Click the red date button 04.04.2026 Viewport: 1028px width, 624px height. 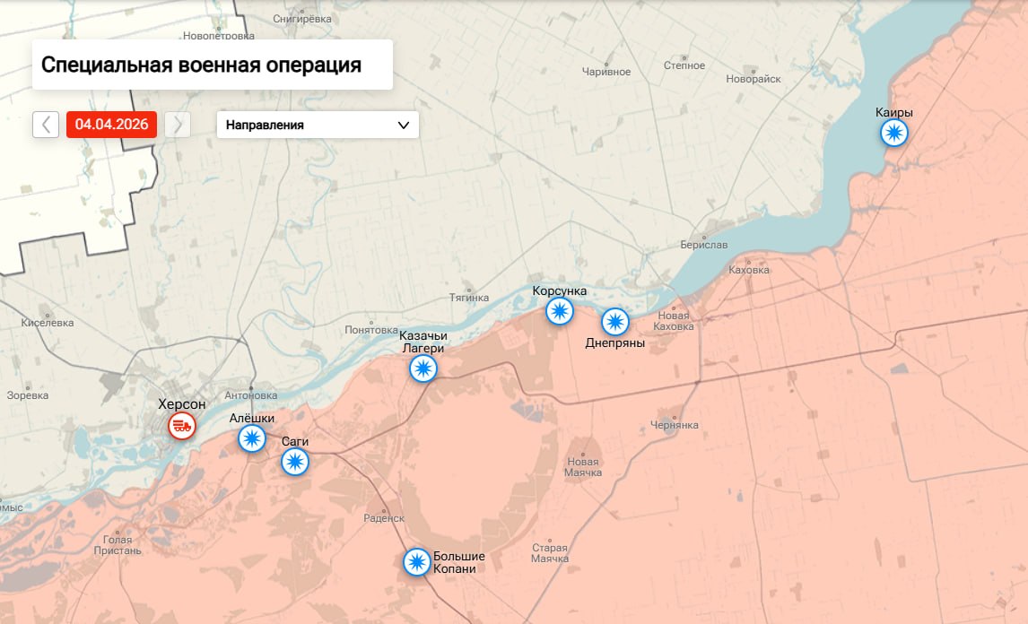tap(111, 125)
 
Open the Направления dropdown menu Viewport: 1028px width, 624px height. tap(318, 125)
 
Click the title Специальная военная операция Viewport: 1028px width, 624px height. tap(201, 65)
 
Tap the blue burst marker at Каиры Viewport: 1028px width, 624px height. tap(893, 134)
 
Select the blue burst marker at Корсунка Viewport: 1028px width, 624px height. tap(560, 311)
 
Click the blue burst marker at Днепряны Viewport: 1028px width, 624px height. tap(614, 322)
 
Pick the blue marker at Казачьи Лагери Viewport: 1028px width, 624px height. tap(423, 368)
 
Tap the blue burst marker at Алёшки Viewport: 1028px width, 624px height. tap(252, 438)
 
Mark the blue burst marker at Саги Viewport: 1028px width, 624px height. tap(295, 462)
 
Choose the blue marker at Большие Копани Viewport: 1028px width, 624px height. tap(416, 562)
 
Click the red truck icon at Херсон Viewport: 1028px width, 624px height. tap(182, 425)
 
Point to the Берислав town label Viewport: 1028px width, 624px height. tap(704, 245)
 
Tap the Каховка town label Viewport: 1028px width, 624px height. tap(749, 270)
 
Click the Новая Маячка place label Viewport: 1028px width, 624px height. tap(583, 467)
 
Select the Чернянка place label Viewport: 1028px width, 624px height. tap(675, 424)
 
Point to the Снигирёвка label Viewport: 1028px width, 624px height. tap(302, 19)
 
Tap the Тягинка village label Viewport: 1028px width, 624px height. tap(469, 298)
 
